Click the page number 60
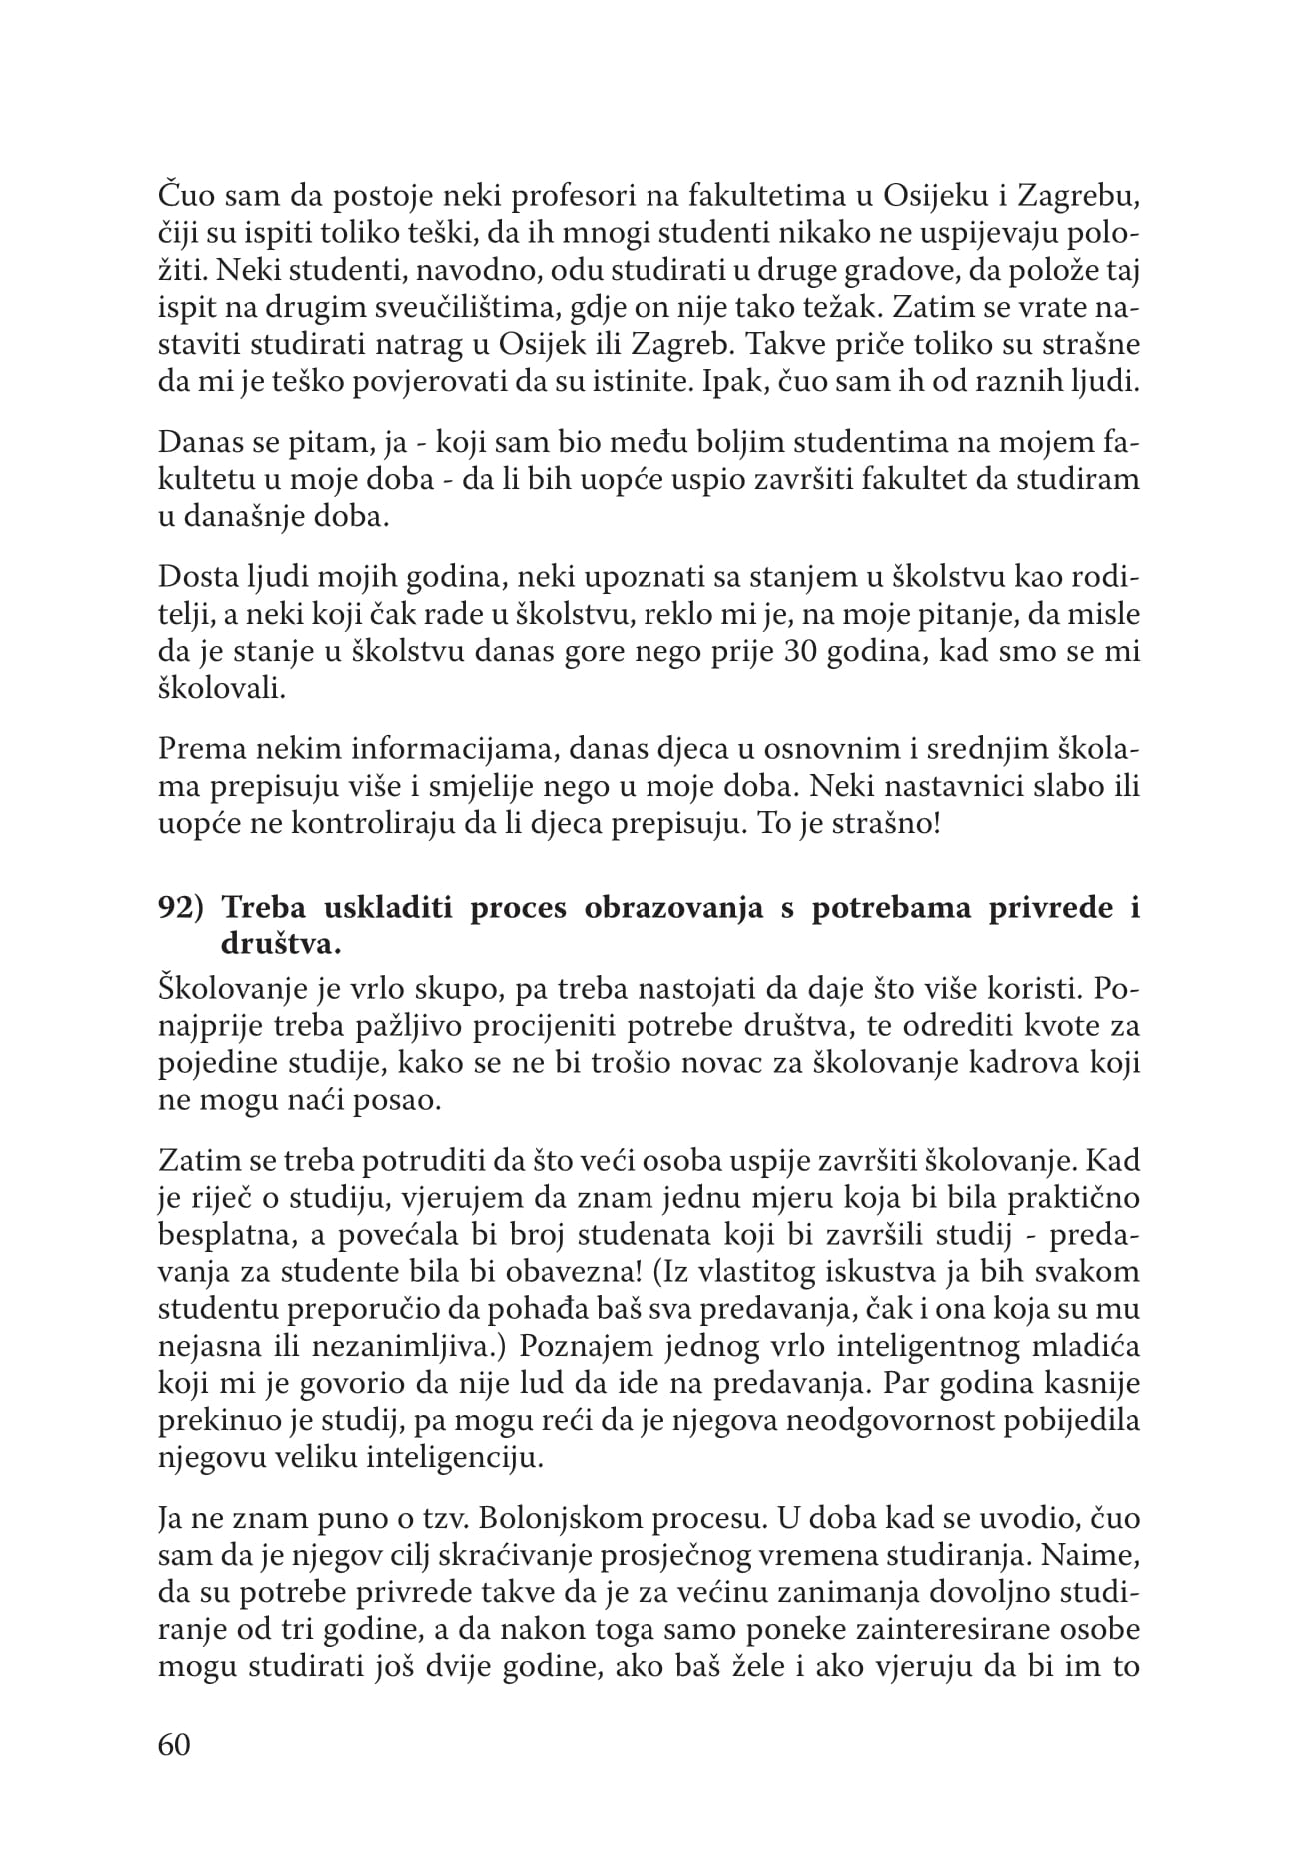(174, 1745)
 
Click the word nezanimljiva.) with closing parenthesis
(408, 1346)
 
